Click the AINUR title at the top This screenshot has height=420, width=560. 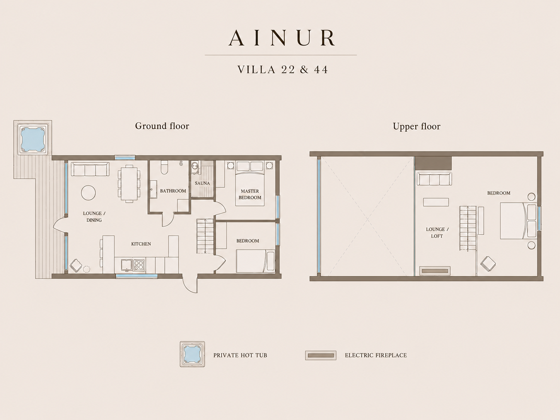pos(282,38)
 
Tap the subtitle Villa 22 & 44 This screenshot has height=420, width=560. pos(282,70)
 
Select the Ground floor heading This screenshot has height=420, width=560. pos(162,126)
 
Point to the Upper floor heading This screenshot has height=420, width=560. pos(417,126)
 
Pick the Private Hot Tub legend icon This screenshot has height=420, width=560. pos(192,354)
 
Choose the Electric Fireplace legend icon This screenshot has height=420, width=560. pos(321,355)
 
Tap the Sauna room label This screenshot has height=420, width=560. pos(202,183)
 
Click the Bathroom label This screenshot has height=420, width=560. pos(173,191)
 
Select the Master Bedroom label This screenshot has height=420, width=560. pos(250,194)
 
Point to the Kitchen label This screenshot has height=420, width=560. pos(141,244)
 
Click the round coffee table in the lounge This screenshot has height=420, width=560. pos(88,192)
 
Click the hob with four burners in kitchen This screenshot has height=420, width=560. pos(139,264)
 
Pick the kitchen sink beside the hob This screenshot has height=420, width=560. pos(126,265)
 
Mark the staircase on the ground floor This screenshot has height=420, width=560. pos(205,236)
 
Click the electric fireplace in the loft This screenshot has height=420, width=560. pos(435,271)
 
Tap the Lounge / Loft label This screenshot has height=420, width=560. pos(437,232)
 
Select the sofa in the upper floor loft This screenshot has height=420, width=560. pos(434,179)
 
